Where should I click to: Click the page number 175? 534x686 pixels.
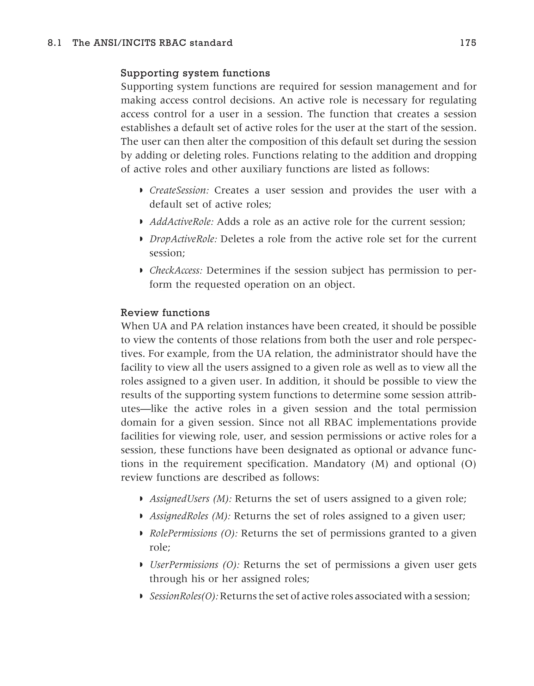pos(468,43)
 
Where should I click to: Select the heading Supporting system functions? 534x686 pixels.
pos(195,73)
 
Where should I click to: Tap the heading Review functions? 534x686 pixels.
pos(165,313)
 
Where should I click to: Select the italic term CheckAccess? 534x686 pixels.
pos(176,270)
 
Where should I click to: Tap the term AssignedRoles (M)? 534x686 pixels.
pos(190,516)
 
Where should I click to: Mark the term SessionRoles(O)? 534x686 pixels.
pos(184,596)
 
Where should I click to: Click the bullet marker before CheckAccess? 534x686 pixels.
pos(141,270)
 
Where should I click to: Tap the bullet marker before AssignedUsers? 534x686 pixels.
pos(141,498)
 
